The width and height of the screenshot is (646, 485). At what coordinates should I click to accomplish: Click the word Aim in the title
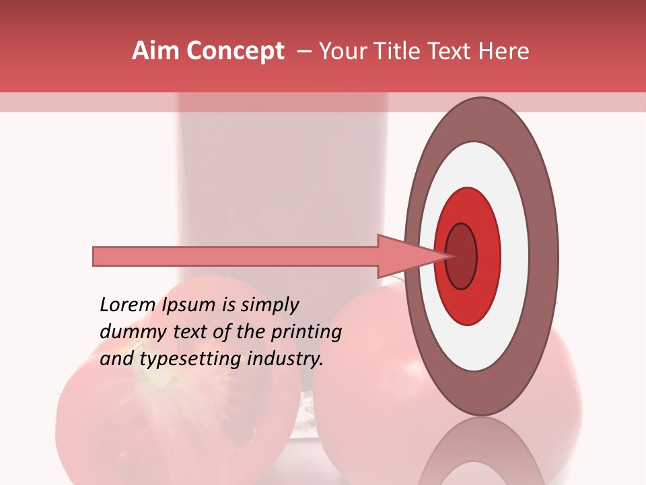(155, 51)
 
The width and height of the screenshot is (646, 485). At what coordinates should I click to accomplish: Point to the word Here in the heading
(505, 51)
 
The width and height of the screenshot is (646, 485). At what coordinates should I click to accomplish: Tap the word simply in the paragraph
(269, 306)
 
